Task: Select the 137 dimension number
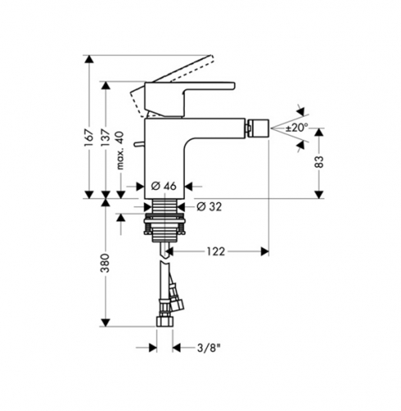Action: coord(105,137)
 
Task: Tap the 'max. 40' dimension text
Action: coord(120,150)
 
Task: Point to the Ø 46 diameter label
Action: coord(164,187)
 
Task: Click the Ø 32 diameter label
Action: coord(210,206)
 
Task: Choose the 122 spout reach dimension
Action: coord(215,252)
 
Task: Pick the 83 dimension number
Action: coord(320,161)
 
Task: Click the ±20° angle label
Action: coord(297,127)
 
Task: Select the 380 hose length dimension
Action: coord(105,263)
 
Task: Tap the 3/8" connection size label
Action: coord(209,349)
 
